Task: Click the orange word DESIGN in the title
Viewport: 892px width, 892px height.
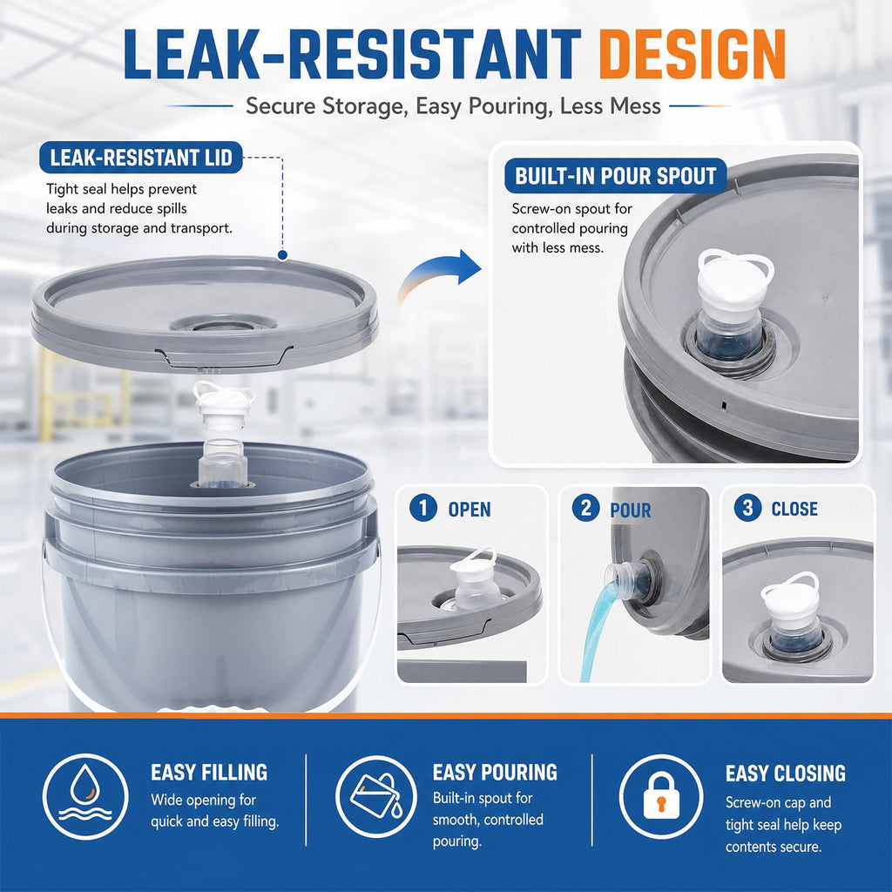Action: point(692,54)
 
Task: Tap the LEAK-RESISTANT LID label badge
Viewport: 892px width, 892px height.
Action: point(141,158)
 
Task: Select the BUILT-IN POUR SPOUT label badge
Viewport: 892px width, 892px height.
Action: point(615,176)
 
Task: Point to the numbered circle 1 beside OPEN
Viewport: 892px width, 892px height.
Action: point(423,507)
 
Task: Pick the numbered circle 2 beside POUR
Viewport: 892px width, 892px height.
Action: point(586,507)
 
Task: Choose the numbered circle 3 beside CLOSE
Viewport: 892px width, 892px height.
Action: point(747,507)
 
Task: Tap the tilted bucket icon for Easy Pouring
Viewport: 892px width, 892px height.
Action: point(376,796)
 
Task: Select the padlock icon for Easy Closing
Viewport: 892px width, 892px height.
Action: point(661,796)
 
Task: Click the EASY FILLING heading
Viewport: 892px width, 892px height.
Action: point(209,772)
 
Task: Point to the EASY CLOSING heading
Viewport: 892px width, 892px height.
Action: point(785,774)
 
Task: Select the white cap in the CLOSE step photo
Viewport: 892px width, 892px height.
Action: point(789,594)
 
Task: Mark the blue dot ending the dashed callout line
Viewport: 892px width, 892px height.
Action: point(282,255)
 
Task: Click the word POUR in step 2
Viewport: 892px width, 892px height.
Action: point(631,510)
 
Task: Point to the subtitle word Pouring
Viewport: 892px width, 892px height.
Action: point(506,106)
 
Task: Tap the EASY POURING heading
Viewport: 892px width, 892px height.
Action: point(495,772)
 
